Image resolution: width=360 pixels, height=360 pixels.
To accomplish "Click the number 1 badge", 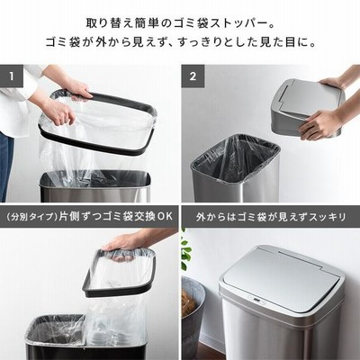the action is [x=12, y=76].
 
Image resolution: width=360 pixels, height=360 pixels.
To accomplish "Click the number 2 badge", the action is [x=193, y=76].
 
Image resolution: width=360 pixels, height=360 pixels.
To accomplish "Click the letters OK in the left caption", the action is [x=165, y=217].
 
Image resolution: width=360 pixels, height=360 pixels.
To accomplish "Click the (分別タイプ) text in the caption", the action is [x=31, y=217].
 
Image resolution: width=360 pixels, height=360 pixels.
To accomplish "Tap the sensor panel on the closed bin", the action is [x=255, y=300].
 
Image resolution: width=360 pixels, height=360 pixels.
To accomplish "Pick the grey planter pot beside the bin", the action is [x=193, y=317].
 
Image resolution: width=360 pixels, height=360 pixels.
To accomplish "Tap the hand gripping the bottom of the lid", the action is [x=318, y=124].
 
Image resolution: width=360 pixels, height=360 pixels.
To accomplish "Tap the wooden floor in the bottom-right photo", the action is [x=210, y=353].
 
